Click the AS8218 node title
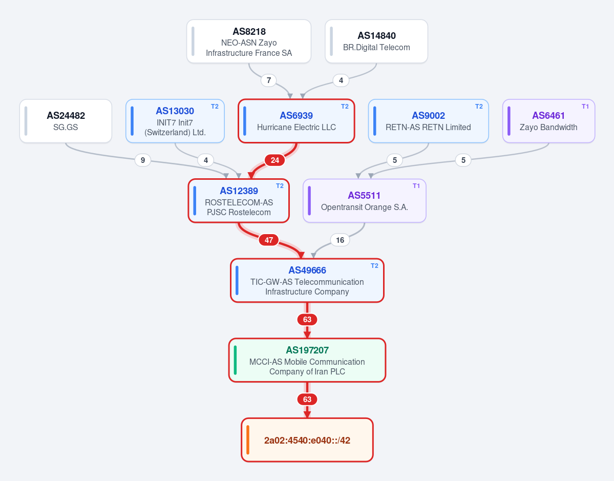point(249,32)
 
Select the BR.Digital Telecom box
point(376,41)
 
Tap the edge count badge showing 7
point(269,80)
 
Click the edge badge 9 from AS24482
point(143,160)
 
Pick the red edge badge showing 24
point(275,160)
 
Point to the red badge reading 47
point(269,240)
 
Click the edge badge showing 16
point(340,240)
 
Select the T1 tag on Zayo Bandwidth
point(585,107)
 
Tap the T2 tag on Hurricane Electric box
point(345,107)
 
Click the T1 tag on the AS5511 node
point(416,186)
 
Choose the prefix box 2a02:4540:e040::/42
point(307,440)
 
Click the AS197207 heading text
point(307,350)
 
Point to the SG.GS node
point(66,121)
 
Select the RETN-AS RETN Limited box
point(429,121)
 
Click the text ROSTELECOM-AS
point(239,202)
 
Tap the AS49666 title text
point(307,270)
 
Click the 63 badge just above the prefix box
point(307,400)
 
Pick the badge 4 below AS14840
point(341,80)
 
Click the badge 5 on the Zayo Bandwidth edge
point(463,160)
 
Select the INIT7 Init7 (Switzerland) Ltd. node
point(175,121)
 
